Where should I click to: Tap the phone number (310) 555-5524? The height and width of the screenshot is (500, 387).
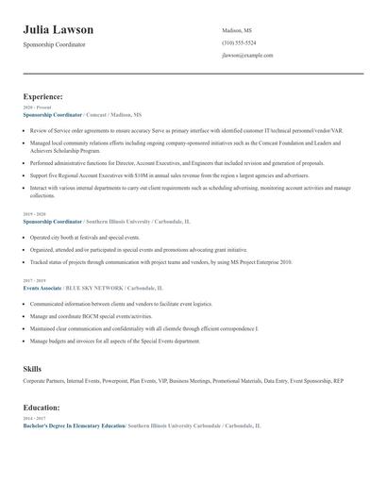pyautogui.click(x=239, y=43)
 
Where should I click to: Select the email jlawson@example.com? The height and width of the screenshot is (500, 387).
pyautogui.click(x=247, y=56)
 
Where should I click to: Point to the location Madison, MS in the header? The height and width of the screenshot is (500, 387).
pyautogui.click(x=237, y=30)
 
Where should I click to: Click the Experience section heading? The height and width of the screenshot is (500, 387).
pyautogui.click(x=42, y=96)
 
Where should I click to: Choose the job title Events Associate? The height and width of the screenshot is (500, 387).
pyautogui.click(x=43, y=287)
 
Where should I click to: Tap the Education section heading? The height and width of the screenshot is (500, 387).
pyautogui.click(x=42, y=408)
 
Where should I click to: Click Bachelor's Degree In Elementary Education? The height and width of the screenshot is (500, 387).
pyautogui.click(x=74, y=426)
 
